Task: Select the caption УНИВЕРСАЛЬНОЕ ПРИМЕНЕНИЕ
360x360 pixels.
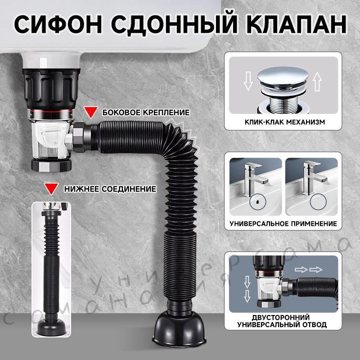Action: [283, 223]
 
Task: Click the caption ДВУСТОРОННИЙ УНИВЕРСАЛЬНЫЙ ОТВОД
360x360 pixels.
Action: [283, 320]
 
